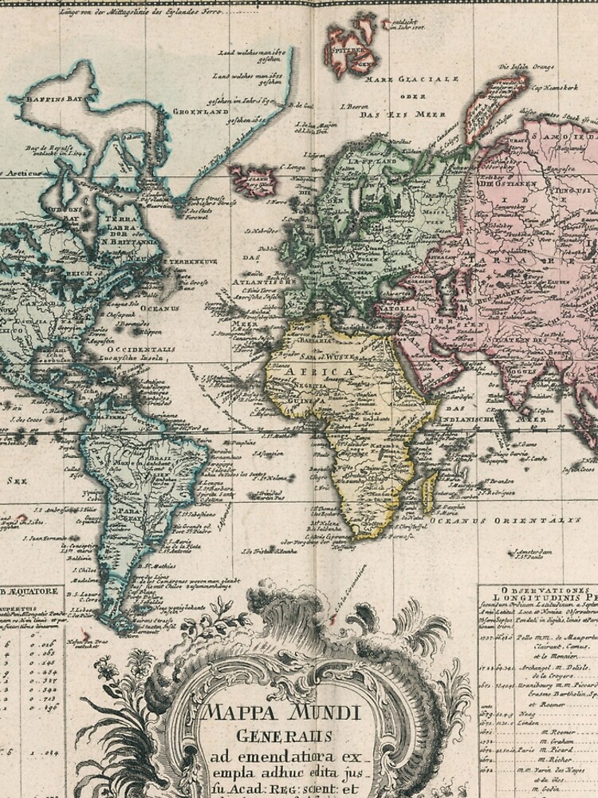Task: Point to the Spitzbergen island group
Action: [352, 48]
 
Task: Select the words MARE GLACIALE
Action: [411, 80]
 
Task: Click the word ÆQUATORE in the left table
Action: [32, 592]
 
